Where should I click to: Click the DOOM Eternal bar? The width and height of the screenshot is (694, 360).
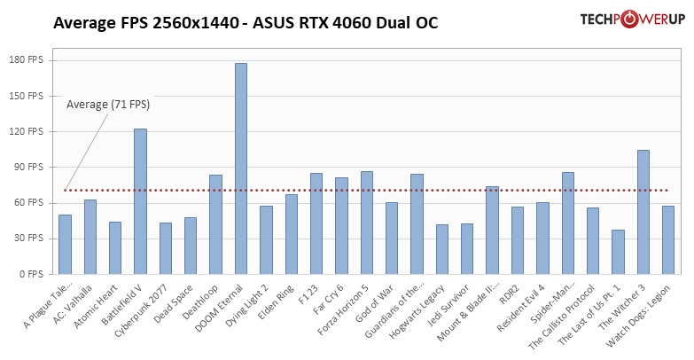point(241,168)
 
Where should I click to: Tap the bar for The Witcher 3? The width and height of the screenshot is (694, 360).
point(643,212)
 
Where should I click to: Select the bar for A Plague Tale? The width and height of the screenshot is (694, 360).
point(65,244)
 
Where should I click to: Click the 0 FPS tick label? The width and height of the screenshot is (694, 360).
point(43,274)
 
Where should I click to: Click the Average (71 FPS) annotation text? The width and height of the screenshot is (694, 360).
point(108,105)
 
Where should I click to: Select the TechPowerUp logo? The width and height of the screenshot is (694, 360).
point(619,20)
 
